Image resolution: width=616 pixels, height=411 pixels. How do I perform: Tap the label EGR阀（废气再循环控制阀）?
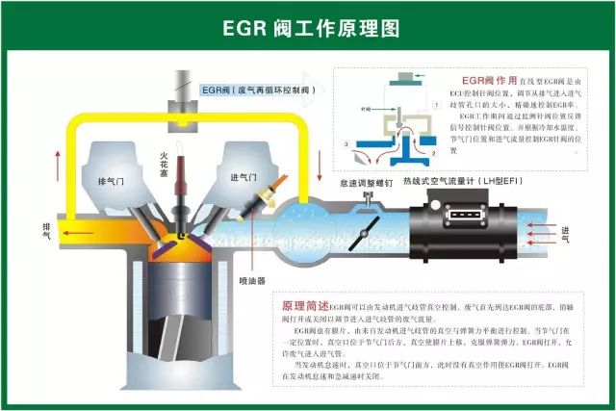(x=257, y=90)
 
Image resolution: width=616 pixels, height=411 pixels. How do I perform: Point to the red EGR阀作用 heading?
(x=490, y=81)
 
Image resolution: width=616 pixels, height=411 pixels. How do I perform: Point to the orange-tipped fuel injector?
(x=260, y=198)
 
